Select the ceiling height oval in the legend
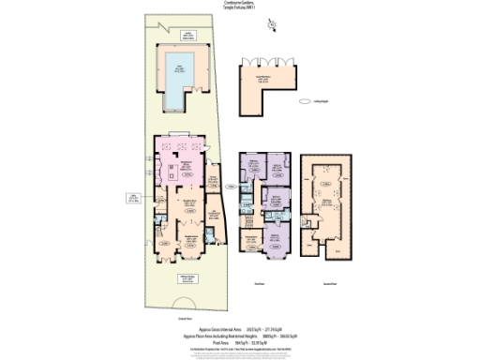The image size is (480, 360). point(305,102)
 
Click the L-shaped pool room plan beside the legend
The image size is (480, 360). point(272,80)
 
